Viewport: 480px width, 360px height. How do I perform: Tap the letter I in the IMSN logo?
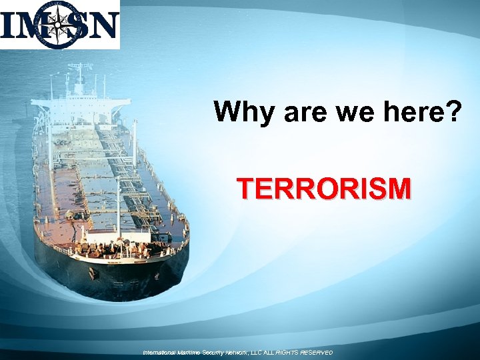9,25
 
